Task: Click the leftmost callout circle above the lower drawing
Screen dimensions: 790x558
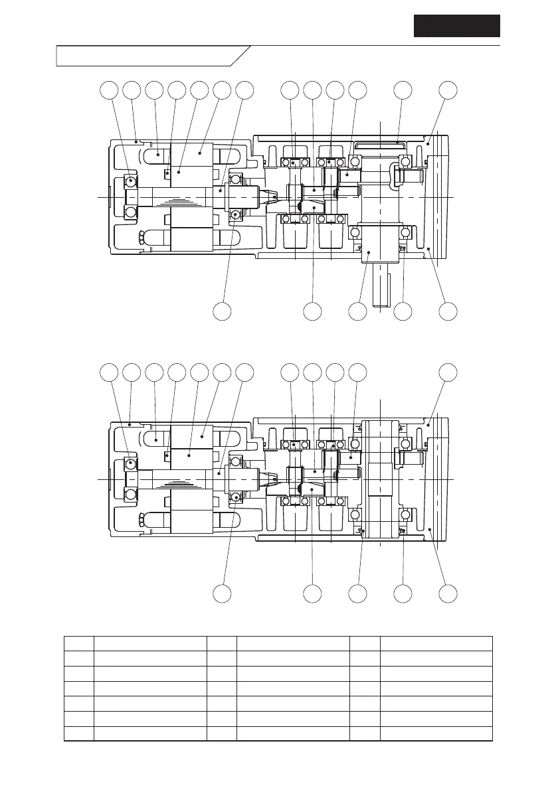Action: [109, 372]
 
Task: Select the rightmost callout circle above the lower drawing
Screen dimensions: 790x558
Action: [449, 372]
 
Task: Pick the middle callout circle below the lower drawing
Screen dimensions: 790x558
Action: [358, 593]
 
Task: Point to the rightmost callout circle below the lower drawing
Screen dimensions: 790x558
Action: [449, 593]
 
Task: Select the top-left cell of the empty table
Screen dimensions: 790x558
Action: [79, 643]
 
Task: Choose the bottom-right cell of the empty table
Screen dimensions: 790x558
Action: [436, 734]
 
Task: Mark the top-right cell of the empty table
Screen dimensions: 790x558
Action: [436, 643]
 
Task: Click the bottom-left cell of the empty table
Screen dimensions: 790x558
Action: [79, 734]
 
